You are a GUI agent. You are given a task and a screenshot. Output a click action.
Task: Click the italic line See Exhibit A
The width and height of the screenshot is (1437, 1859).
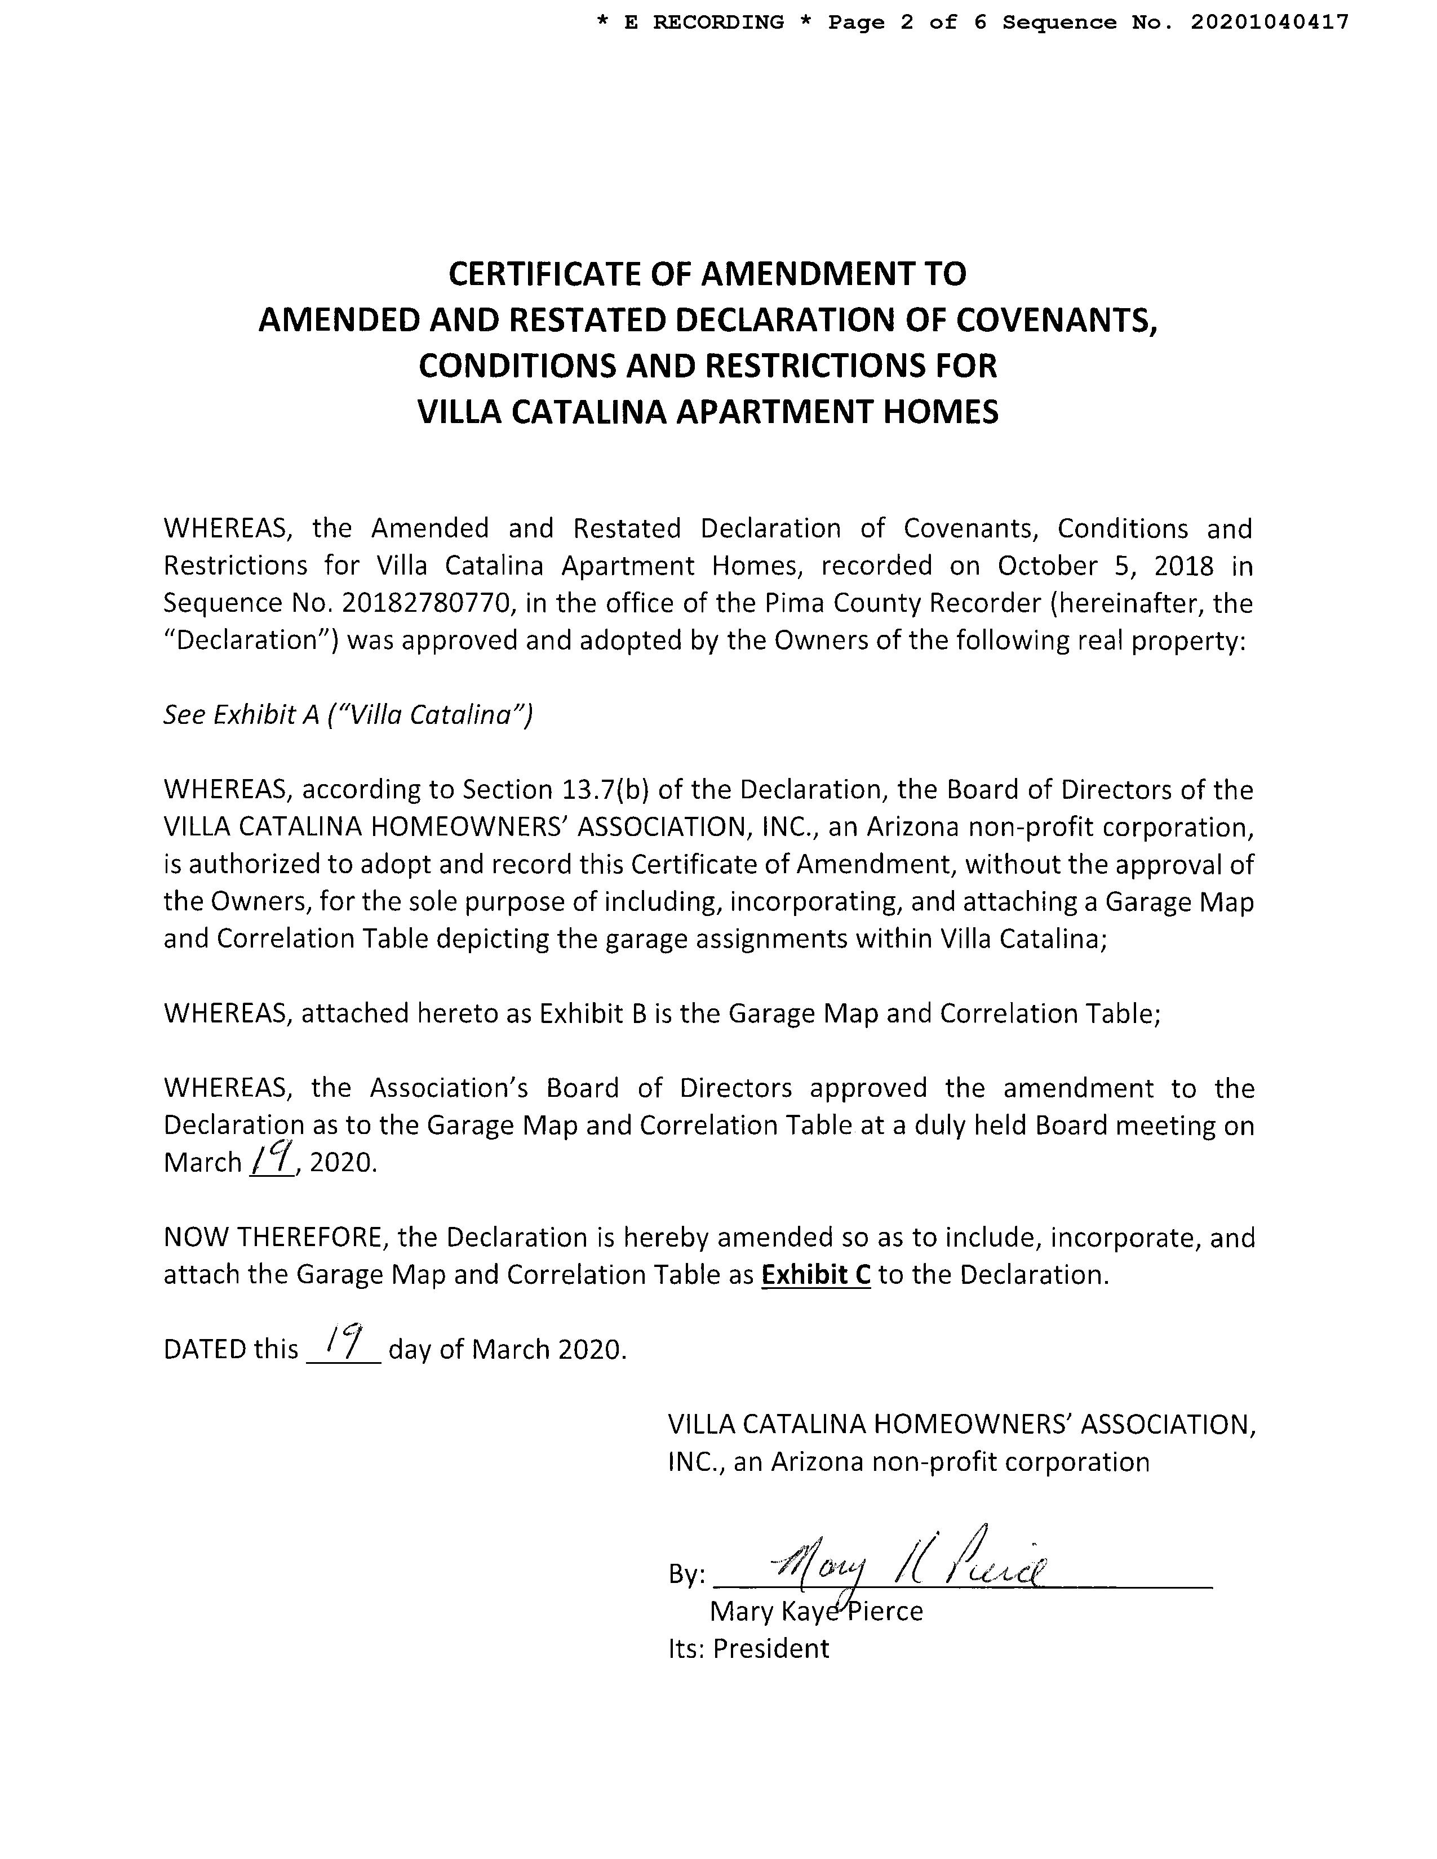(347, 715)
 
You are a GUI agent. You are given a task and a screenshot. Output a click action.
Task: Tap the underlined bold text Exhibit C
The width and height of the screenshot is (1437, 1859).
(815, 1275)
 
